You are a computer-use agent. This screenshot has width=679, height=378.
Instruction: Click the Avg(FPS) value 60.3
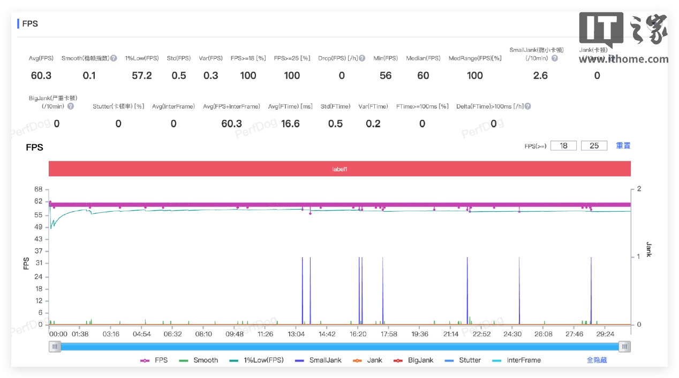(x=41, y=75)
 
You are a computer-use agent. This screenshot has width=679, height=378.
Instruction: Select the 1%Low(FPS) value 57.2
(x=142, y=75)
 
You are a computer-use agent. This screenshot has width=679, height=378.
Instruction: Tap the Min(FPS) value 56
(x=386, y=75)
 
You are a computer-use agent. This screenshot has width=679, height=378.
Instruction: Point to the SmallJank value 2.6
(x=540, y=75)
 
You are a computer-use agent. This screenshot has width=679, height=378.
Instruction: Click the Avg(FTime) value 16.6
(x=290, y=124)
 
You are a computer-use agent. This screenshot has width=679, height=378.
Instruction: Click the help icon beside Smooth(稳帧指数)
(x=114, y=58)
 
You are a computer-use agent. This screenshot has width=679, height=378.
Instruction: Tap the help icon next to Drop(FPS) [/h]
(x=362, y=58)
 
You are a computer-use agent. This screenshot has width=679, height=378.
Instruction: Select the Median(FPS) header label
(x=423, y=58)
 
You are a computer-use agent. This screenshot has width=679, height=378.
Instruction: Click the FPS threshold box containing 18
(x=563, y=145)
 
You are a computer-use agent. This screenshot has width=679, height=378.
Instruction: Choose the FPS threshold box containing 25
(x=594, y=145)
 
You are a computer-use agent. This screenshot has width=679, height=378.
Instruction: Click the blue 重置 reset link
(x=623, y=145)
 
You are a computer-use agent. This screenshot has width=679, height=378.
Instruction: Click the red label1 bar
(x=339, y=169)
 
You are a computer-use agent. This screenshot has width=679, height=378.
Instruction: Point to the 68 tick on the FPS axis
(x=38, y=189)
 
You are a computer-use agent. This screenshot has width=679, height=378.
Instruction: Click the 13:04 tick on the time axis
(x=296, y=334)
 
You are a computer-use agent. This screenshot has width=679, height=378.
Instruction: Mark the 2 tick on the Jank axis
(x=638, y=189)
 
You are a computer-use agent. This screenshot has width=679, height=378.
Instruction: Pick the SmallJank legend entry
(x=319, y=360)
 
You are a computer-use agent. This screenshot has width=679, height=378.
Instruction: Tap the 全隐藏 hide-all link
(x=597, y=360)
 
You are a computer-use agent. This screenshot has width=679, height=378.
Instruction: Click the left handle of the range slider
(x=55, y=346)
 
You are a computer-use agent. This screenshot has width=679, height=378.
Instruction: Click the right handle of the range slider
(x=624, y=346)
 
